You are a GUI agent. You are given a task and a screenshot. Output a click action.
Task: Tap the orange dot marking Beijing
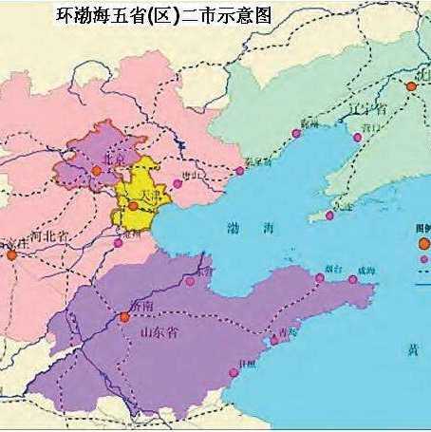pos(96,170)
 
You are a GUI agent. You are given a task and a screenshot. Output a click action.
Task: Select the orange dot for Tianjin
pos(133,205)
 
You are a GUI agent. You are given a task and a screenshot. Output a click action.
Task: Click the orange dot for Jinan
pos(123,317)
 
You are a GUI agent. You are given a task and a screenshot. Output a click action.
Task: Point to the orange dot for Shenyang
pos(411,86)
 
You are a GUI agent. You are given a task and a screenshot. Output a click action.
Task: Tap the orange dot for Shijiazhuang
pos(10,254)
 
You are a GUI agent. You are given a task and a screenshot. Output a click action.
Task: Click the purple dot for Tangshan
pos(177,184)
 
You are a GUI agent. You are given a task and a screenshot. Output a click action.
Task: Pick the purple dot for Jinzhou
pos(295,134)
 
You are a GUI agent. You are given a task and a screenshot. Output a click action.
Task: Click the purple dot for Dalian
pos(329,216)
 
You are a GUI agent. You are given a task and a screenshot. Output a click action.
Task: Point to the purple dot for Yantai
pos(319,278)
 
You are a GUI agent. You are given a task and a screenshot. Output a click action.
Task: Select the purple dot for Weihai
pos(353,279)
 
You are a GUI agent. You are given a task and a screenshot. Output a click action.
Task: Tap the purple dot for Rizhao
pos(234,373)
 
